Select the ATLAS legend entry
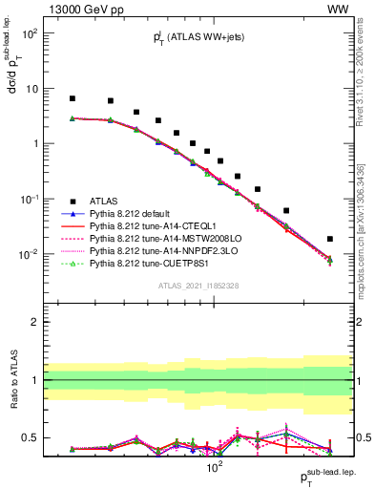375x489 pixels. point(104,202)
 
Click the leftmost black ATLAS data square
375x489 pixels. point(73,98)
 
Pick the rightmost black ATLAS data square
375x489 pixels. point(330,239)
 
